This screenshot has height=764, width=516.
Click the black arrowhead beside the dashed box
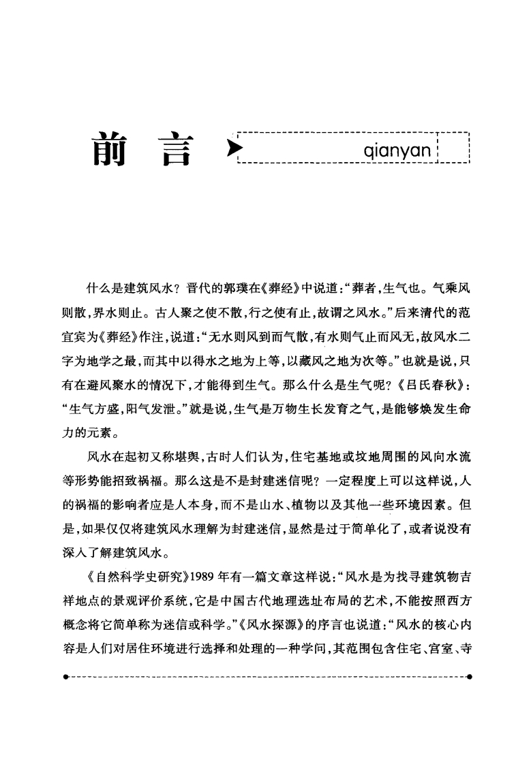(234, 146)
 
